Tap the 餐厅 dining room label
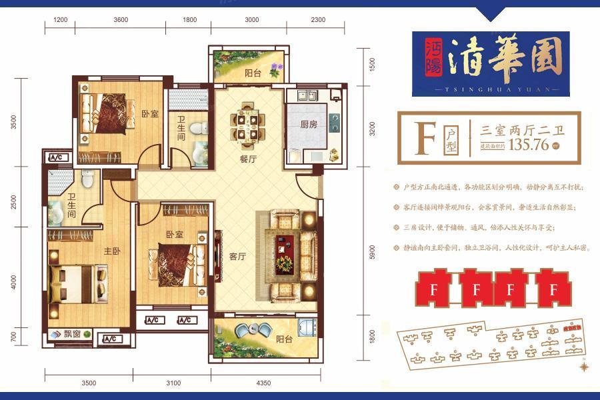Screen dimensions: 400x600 pos(249,161)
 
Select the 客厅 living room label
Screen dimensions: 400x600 pos(238,256)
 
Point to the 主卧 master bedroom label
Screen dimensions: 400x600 pos(111,251)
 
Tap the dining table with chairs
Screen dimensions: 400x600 pos(248,125)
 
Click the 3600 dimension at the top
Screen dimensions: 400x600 pos(121,19)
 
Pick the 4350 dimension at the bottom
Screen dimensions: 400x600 pos(263,383)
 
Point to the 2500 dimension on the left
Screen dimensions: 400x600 pos(13,201)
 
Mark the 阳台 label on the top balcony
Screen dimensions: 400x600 pos(252,73)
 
